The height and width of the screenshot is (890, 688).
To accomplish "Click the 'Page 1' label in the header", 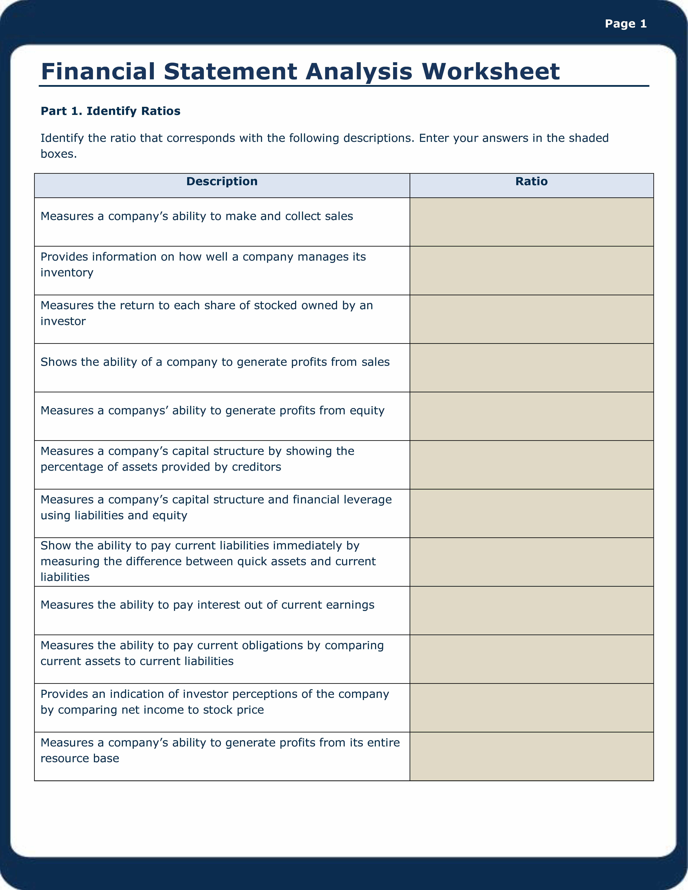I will point(626,24).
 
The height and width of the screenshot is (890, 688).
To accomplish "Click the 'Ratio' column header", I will point(532,182).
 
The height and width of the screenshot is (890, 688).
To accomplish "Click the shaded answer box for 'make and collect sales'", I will point(532,222).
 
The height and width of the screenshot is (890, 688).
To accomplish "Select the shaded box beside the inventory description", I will point(532,271).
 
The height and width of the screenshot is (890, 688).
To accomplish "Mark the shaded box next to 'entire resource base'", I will point(532,756).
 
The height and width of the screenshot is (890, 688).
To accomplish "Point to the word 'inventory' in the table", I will point(67,273).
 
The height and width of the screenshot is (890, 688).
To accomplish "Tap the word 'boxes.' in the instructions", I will point(59,154).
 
